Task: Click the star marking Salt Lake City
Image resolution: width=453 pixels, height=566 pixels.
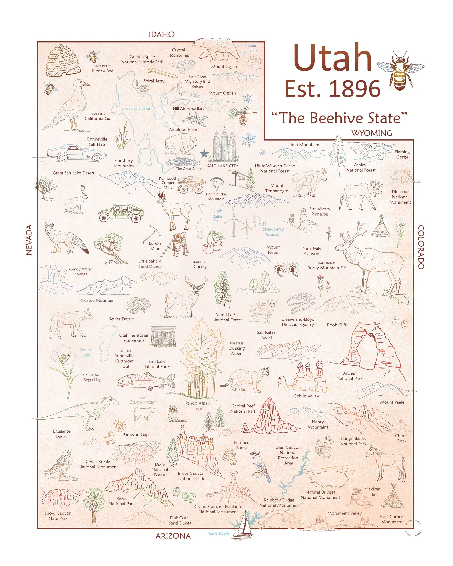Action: click(204, 154)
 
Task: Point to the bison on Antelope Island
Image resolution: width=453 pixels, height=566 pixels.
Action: click(181, 144)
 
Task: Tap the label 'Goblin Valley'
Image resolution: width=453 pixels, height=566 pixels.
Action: click(306, 396)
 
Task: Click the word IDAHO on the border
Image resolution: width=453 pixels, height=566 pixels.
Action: click(162, 34)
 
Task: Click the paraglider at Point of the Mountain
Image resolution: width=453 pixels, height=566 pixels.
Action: click(217, 182)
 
